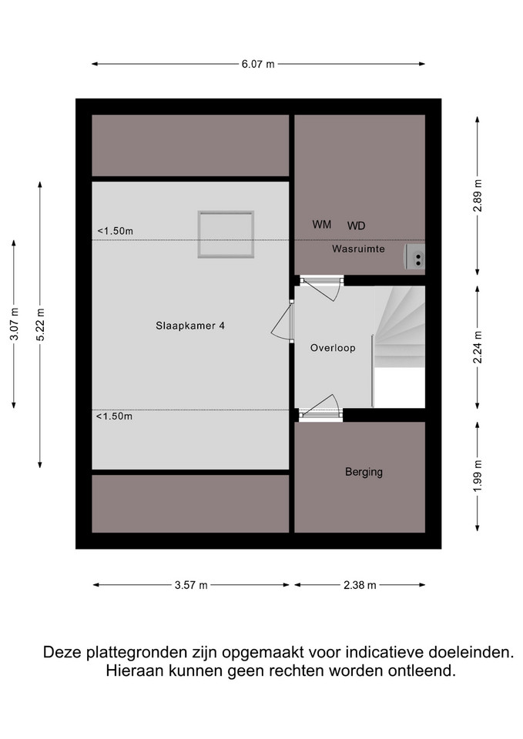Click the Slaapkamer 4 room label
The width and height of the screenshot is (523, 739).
190,326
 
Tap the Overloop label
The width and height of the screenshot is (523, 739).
333,348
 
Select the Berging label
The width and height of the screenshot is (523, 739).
364,472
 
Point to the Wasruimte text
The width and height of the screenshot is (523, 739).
358,249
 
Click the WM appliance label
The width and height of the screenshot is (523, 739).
322,225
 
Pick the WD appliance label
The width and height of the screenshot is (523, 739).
356,226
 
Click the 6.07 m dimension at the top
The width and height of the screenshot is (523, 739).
258,64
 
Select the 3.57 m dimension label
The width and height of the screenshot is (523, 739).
191,585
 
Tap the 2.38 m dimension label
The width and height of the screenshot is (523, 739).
360,585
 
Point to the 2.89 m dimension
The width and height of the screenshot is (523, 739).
478,196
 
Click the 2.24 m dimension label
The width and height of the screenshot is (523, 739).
478,347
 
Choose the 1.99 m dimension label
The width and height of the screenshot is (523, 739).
478,476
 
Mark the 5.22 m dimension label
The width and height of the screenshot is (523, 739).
40,325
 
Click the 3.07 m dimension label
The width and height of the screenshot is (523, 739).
14,324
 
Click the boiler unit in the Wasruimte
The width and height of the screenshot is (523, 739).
414,257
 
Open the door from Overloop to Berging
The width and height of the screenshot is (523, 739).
320,408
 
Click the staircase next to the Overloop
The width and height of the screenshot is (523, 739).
400,328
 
